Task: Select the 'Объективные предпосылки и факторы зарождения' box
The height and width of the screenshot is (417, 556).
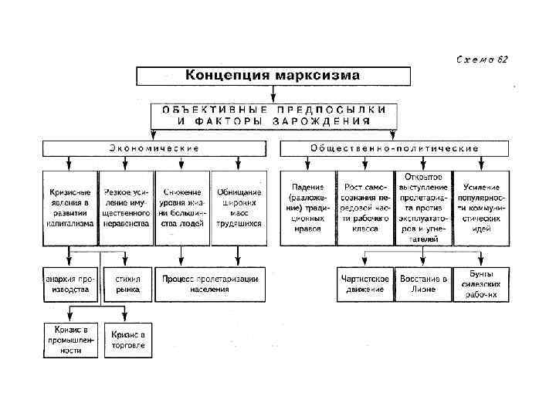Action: (275, 115)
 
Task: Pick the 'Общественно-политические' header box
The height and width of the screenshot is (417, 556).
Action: (394, 147)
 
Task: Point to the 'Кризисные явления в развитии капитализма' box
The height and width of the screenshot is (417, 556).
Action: (70, 207)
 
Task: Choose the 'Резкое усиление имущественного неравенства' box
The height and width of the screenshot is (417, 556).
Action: (127, 207)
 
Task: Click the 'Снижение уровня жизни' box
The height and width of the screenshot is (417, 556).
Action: (182, 207)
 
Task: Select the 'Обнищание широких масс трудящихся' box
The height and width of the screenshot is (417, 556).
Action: (238, 207)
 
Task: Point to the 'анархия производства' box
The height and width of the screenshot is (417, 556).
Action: (70, 283)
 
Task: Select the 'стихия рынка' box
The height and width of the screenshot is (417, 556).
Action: (127, 283)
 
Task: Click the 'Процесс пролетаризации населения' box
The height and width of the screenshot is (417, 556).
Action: (209, 283)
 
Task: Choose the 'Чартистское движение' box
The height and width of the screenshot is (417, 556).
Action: (365, 283)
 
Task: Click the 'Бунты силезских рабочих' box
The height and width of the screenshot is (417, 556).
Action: (481, 283)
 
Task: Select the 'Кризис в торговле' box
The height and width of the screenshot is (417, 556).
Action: (127, 340)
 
